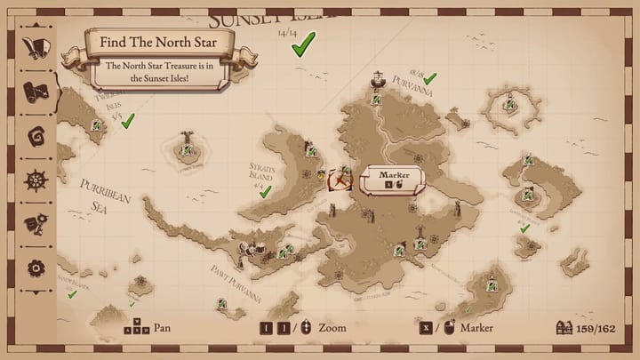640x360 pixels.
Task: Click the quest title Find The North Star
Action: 159,41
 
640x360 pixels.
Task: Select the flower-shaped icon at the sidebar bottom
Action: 36,267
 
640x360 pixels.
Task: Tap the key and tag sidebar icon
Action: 36,223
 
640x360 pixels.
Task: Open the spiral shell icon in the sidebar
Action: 36,135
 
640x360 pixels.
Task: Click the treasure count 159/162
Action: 596,327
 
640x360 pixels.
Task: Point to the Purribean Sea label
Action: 104,195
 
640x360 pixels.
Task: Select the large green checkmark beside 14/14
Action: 304,43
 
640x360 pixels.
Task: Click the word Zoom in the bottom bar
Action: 332,327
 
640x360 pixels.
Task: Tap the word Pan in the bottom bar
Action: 162,327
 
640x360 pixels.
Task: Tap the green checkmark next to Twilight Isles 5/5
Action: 128,119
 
